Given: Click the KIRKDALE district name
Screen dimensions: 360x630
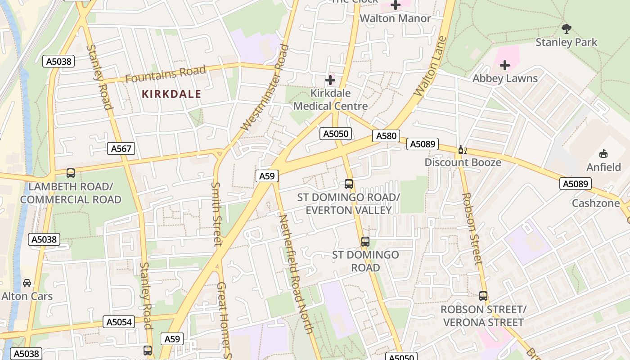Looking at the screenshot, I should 171,94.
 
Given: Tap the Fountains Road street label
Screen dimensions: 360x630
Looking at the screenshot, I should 165,74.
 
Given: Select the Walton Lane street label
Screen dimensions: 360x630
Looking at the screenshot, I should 430,66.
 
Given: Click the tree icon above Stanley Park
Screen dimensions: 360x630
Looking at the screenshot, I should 567,29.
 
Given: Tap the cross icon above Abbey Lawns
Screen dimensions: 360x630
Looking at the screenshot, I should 505,65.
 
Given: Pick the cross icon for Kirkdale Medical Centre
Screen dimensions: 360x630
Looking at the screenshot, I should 330,80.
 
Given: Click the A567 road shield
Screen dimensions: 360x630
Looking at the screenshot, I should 121,148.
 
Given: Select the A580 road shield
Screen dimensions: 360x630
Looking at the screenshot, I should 386,135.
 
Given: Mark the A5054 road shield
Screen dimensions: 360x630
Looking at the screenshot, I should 119,322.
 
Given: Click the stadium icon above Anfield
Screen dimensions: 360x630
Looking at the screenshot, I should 603,154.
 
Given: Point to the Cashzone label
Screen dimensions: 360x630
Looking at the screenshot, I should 595,203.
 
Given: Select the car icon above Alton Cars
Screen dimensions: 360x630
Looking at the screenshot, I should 27,283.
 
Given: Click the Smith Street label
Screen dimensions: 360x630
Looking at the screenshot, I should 217,214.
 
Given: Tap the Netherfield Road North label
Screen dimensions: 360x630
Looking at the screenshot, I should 296,274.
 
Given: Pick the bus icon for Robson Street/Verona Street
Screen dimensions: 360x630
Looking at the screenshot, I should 483,296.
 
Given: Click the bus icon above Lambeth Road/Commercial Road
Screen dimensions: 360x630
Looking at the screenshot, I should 71,173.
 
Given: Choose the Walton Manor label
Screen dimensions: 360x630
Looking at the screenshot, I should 395,18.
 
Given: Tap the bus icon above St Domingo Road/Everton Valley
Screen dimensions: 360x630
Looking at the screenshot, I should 349,184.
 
